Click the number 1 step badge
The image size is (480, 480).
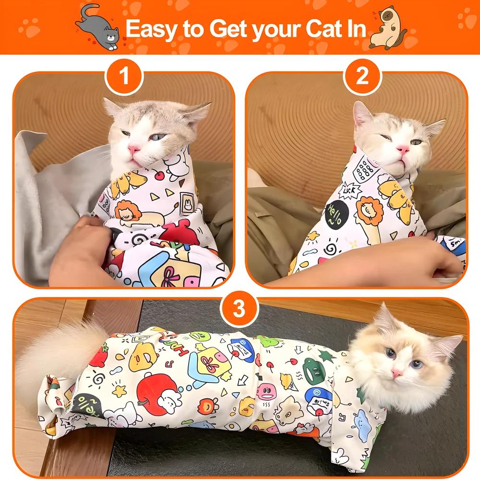[x=124, y=76]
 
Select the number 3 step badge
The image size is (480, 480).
[x=239, y=310]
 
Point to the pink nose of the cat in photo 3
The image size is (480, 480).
[x=396, y=373]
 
